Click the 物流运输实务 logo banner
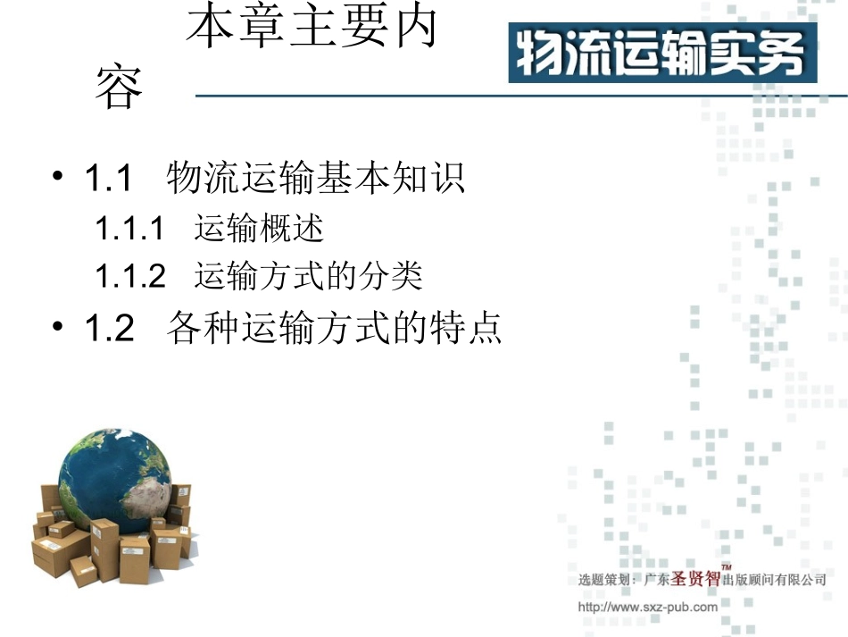point(662,53)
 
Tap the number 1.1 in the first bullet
point(108,179)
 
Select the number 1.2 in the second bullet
point(109,328)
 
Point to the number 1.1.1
point(130,229)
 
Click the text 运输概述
point(259,229)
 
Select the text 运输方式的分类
point(308,276)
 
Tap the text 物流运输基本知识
point(316,179)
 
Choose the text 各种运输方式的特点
point(334,328)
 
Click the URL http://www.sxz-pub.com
point(647,608)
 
